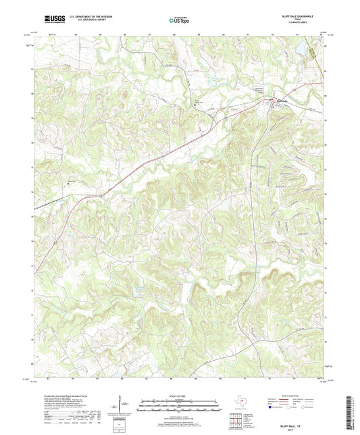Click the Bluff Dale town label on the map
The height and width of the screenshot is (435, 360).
[x=283, y=102]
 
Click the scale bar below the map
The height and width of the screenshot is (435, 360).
[x=180, y=407]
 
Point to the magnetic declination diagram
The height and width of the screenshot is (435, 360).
[x=122, y=407]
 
